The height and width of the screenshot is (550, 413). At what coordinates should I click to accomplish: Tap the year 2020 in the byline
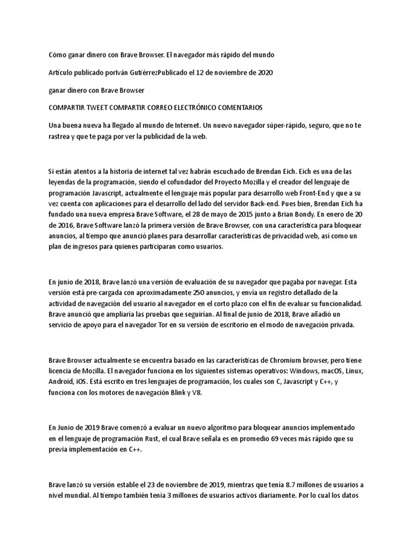[262, 72]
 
